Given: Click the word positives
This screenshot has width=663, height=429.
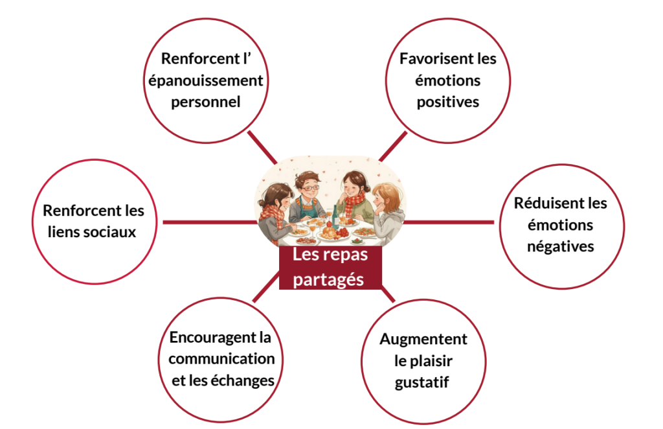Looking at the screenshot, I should coord(447,102).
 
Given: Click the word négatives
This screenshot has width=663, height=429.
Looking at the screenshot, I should coord(560,246).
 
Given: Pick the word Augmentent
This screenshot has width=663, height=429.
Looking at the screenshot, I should coord(423,340).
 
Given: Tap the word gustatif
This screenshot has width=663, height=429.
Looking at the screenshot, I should coord(422,382).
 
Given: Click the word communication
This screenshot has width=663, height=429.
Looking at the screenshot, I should coord(221,359).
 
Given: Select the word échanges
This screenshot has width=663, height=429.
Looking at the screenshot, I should coord(243,380).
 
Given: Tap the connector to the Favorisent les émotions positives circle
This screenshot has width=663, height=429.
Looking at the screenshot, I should coord(393,146).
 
